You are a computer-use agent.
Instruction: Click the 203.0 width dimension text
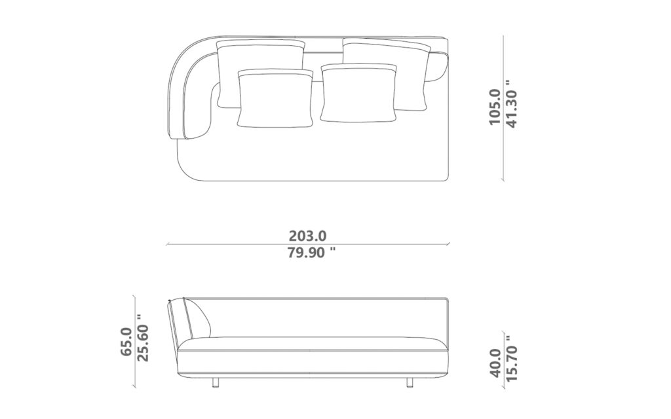pyautogui.click(x=308, y=235)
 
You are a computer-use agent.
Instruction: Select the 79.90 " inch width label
pyautogui.click(x=308, y=253)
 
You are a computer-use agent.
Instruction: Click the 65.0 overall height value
pyautogui.click(x=126, y=342)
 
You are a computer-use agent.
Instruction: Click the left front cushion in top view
pyautogui.click(x=274, y=98)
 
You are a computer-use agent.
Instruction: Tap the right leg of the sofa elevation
pyautogui.click(x=410, y=382)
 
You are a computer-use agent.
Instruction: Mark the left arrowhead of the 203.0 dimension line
pyautogui.click(x=169, y=244)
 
